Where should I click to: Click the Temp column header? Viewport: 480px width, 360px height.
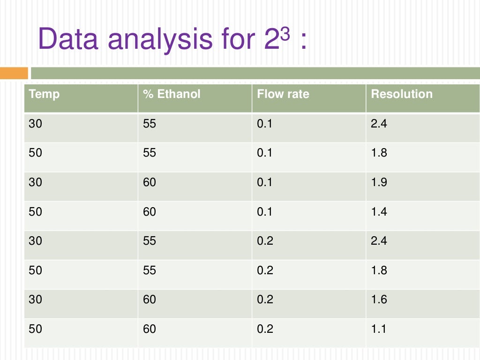(44, 94)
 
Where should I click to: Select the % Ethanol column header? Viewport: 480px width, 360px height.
(172, 94)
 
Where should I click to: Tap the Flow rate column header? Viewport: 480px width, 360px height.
(283, 94)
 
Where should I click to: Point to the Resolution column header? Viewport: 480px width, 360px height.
(402, 94)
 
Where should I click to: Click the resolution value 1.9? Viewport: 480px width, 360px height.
(379, 182)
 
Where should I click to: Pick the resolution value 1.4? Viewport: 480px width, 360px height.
(379, 211)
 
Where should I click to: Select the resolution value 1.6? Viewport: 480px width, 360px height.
(379, 299)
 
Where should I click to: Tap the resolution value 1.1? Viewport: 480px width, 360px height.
(378, 329)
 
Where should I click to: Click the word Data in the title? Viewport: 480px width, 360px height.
(68, 39)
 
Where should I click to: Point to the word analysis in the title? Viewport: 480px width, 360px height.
(160, 41)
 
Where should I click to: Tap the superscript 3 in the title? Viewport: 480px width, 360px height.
(285, 33)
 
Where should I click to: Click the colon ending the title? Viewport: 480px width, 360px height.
(303, 41)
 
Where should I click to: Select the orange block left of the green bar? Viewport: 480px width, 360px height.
(14, 73)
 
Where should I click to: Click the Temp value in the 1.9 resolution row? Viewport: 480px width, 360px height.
(35, 182)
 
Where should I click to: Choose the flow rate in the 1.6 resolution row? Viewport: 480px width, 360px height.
(265, 299)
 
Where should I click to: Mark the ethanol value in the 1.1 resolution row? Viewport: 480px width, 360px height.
(150, 329)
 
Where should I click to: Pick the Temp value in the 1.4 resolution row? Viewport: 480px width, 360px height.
(35, 211)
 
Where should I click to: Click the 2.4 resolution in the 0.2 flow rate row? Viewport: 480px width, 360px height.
(379, 240)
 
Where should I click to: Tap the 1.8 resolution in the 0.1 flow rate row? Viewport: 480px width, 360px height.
(379, 152)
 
